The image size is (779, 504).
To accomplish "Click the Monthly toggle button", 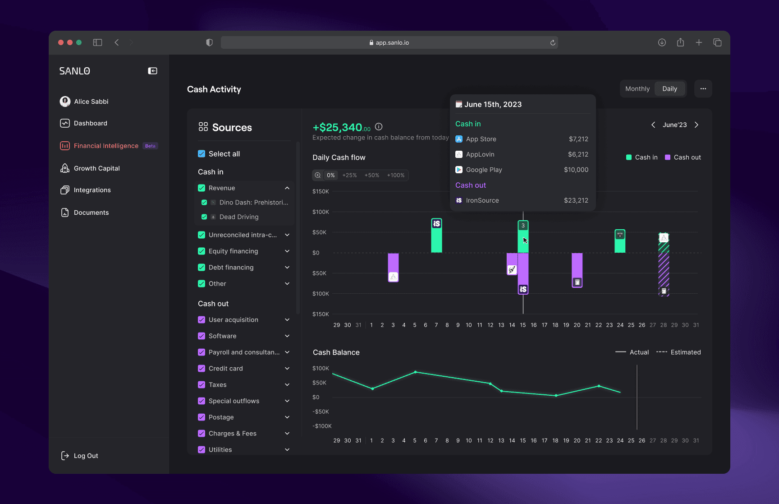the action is (637, 89).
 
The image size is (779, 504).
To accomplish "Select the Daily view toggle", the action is (669, 89).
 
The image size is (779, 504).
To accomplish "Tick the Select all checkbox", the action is (202, 154).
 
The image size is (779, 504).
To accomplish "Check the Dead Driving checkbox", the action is (204, 217).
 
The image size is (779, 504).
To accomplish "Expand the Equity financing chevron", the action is (287, 251).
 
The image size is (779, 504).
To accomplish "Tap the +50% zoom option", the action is (372, 175).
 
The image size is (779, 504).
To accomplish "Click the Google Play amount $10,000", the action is (576, 170).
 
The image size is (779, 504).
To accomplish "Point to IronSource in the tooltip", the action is (482, 200).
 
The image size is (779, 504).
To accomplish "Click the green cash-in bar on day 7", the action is (436, 236).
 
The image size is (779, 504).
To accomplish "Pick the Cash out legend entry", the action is (683, 157).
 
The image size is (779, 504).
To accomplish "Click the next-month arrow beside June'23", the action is (697, 125).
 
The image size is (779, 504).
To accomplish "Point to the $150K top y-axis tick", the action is (321, 191).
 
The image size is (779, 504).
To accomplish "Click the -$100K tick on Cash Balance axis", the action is (322, 426).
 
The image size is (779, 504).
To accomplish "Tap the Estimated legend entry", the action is (678, 352).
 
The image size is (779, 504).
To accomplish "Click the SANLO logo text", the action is (75, 71).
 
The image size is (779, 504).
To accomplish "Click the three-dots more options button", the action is (703, 89).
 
